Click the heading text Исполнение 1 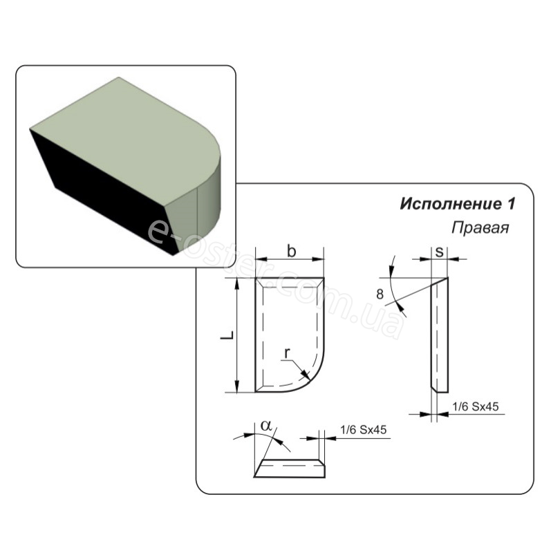[x=458, y=205]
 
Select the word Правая [x=480, y=227]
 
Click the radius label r [x=286, y=354]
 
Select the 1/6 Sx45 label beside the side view [x=475, y=407]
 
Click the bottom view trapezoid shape [x=290, y=469]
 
